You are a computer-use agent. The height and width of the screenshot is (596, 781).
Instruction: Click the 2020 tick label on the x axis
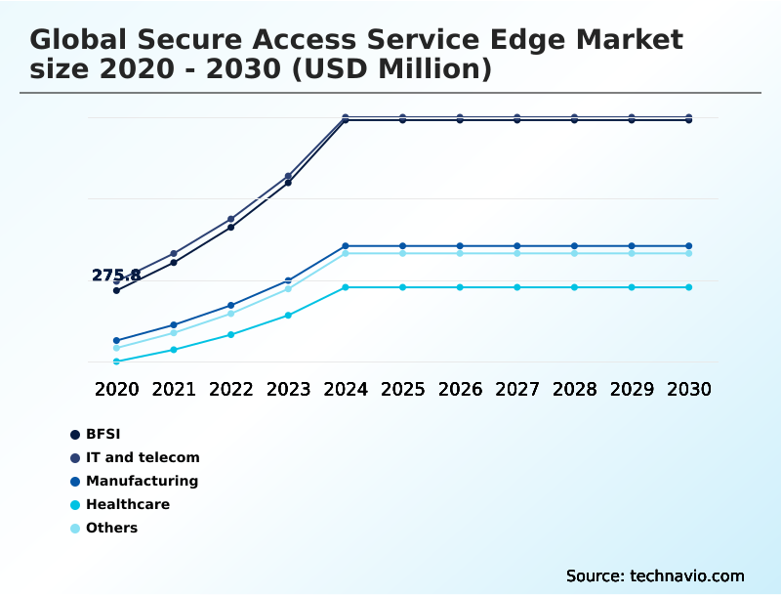[116, 389]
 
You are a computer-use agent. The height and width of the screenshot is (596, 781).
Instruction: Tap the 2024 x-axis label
[346, 389]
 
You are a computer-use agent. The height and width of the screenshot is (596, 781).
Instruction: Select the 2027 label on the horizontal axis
[517, 389]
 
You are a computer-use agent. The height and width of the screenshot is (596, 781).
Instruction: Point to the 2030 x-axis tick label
[689, 389]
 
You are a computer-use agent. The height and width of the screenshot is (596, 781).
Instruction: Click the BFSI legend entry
[103, 434]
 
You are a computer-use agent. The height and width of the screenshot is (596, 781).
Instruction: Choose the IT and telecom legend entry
[143, 457]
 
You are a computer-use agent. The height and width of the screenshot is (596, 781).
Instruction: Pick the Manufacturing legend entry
[142, 481]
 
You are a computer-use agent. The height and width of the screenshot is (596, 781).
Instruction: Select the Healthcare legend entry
[128, 504]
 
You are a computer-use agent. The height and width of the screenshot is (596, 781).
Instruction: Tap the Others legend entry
[111, 528]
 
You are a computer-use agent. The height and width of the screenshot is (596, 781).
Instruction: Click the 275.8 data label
[116, 276]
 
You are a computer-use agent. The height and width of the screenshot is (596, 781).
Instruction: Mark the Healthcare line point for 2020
[116, 362]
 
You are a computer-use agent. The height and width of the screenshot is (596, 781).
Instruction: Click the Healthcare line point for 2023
[288, 316]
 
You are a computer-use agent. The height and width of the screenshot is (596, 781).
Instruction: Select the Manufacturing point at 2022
[231, 306]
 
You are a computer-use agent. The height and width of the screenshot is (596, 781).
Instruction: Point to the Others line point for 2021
[174, 333]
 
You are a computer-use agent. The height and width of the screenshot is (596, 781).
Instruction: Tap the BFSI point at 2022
[231, 228]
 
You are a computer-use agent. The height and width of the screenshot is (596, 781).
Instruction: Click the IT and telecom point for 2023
[288, 176]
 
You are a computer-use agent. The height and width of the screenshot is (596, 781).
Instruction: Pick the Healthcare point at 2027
[517, 287]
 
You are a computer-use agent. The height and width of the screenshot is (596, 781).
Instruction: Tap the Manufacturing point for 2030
[689, 246]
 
